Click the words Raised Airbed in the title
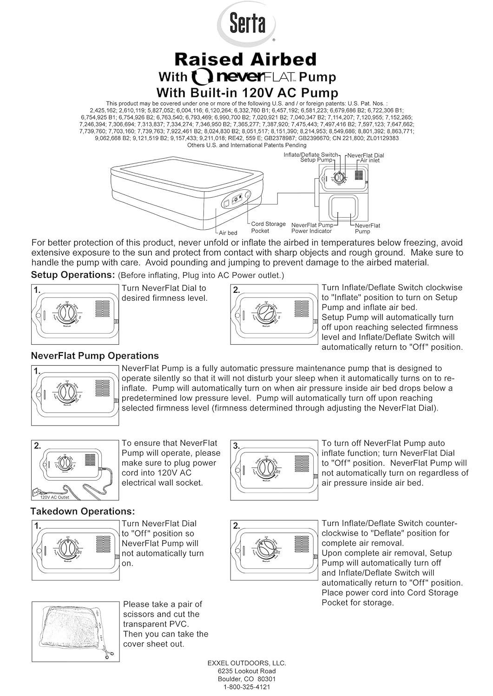pos(245,59)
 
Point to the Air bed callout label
pos(228,233)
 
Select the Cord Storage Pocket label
pos(268,227)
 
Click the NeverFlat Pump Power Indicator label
pos(312,228)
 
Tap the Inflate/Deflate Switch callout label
pos(310,155)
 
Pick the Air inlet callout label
pos(370,161)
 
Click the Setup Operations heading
pos(72,275)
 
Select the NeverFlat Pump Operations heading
pos(95,356)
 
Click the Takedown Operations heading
pos(83,511)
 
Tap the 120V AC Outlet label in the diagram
pos(54,497)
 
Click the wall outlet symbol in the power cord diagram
pos(34,491)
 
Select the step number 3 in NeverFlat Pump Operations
pos(236,446)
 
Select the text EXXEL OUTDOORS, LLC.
pos(247,663)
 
